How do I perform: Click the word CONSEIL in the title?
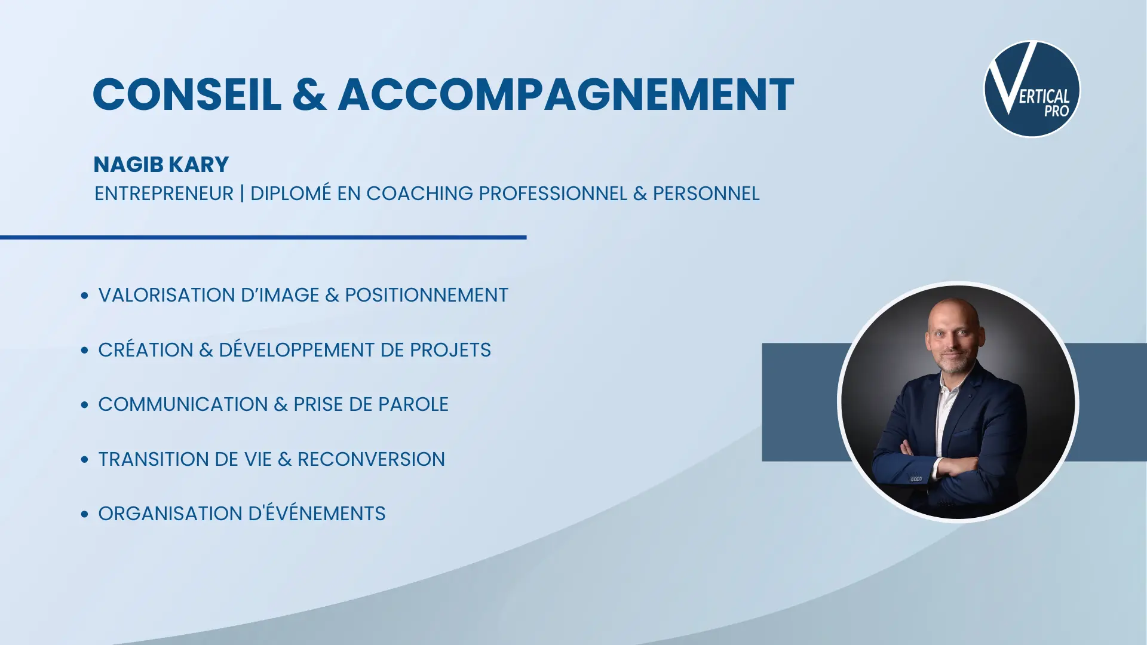pos(187,94)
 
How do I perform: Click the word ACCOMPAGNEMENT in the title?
pos(566,94)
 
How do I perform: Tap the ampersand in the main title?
pos(310,94)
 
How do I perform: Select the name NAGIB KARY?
pos(161,164)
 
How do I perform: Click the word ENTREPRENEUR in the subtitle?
pos(164,193)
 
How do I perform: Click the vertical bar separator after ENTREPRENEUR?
pos(242,193)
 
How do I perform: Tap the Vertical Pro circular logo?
pos(1032,89)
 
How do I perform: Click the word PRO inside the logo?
pos(1056,111)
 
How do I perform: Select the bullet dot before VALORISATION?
pos(84,295)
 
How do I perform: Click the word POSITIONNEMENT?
pos(427,295)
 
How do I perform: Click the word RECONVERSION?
pos(371,459)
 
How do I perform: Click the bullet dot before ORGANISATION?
pos(84,514)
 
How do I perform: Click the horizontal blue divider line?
pos(263,237)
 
